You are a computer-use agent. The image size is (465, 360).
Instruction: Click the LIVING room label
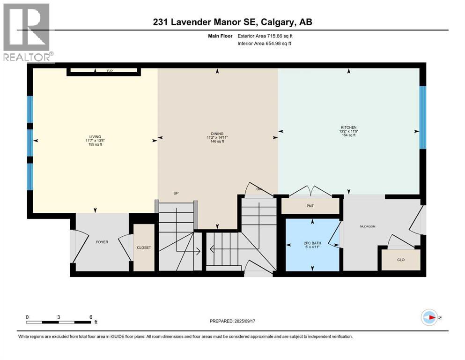pyautogui.click(x=96, y=136)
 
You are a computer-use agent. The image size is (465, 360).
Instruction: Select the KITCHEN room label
pyautogui.click(x=348, y=127)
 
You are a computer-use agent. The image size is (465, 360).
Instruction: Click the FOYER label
pyautogui.click(x=102, y=242)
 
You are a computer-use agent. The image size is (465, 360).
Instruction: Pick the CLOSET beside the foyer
pyautogui.click(x=144, y=247)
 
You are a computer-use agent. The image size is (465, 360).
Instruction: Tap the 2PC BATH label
pyautogui.click(x=311, y=243)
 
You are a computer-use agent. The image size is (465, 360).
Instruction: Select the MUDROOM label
pyautogui.click(x=368, y=226)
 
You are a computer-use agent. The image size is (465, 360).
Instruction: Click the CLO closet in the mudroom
pyautogui.click(x=400, y=259)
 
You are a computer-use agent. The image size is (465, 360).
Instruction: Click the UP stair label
pyautogui.click(x=176, y=193)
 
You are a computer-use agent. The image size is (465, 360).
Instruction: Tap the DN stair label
pyautogui.click(x=258, y=189)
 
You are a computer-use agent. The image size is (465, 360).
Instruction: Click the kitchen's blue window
pyautogui.click(x=422, y=117)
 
